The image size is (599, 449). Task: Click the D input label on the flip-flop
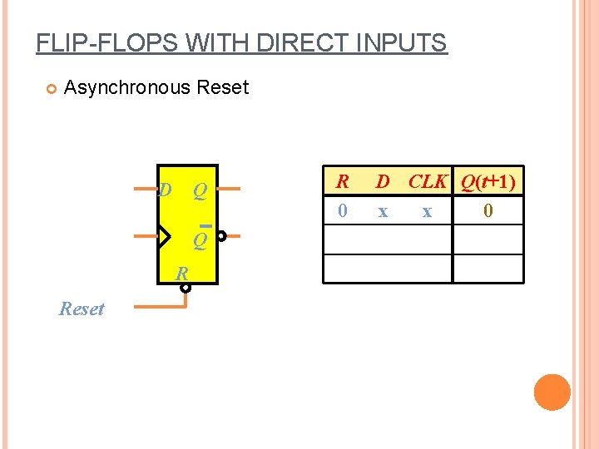point(165,190)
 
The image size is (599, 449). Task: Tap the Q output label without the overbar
point(200,191)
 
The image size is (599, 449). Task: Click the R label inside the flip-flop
point(181,274)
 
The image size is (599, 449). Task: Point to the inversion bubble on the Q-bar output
point(221,236)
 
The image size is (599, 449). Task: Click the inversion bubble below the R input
point(186,289)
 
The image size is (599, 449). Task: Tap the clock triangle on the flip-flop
point(163,236)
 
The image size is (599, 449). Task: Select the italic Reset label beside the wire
point(82,309)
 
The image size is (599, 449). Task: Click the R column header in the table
point(342,180)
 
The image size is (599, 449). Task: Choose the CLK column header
point(428,180)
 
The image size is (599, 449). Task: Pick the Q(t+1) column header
point(488,180)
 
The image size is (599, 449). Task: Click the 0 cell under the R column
point(342,211)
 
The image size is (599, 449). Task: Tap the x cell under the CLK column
point(427,212)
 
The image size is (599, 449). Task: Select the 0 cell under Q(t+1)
point(488,211)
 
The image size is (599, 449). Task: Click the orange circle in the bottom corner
point(552,392)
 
